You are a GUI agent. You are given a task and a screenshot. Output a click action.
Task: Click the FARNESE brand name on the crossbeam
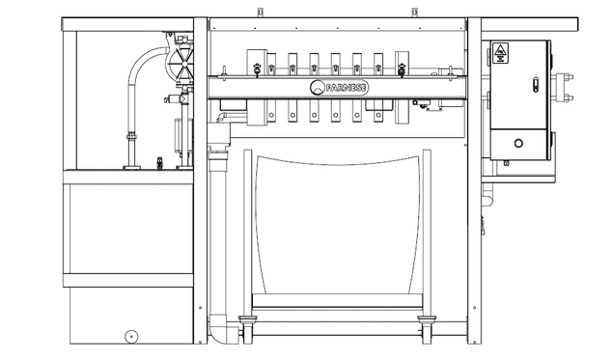346,88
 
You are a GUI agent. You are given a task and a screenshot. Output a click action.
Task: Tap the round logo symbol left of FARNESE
317,88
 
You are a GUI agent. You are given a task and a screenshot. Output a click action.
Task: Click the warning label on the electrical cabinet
500,53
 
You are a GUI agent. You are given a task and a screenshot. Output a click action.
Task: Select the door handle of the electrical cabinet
536,85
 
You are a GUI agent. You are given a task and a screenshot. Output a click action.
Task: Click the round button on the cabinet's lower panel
518,143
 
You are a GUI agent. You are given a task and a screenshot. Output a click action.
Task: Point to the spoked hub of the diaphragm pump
183,63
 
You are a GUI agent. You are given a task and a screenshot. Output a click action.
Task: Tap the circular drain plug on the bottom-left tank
131,336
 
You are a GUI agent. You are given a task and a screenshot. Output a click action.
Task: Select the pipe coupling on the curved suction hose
131,137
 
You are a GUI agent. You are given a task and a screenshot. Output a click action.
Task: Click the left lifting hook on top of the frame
259,13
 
